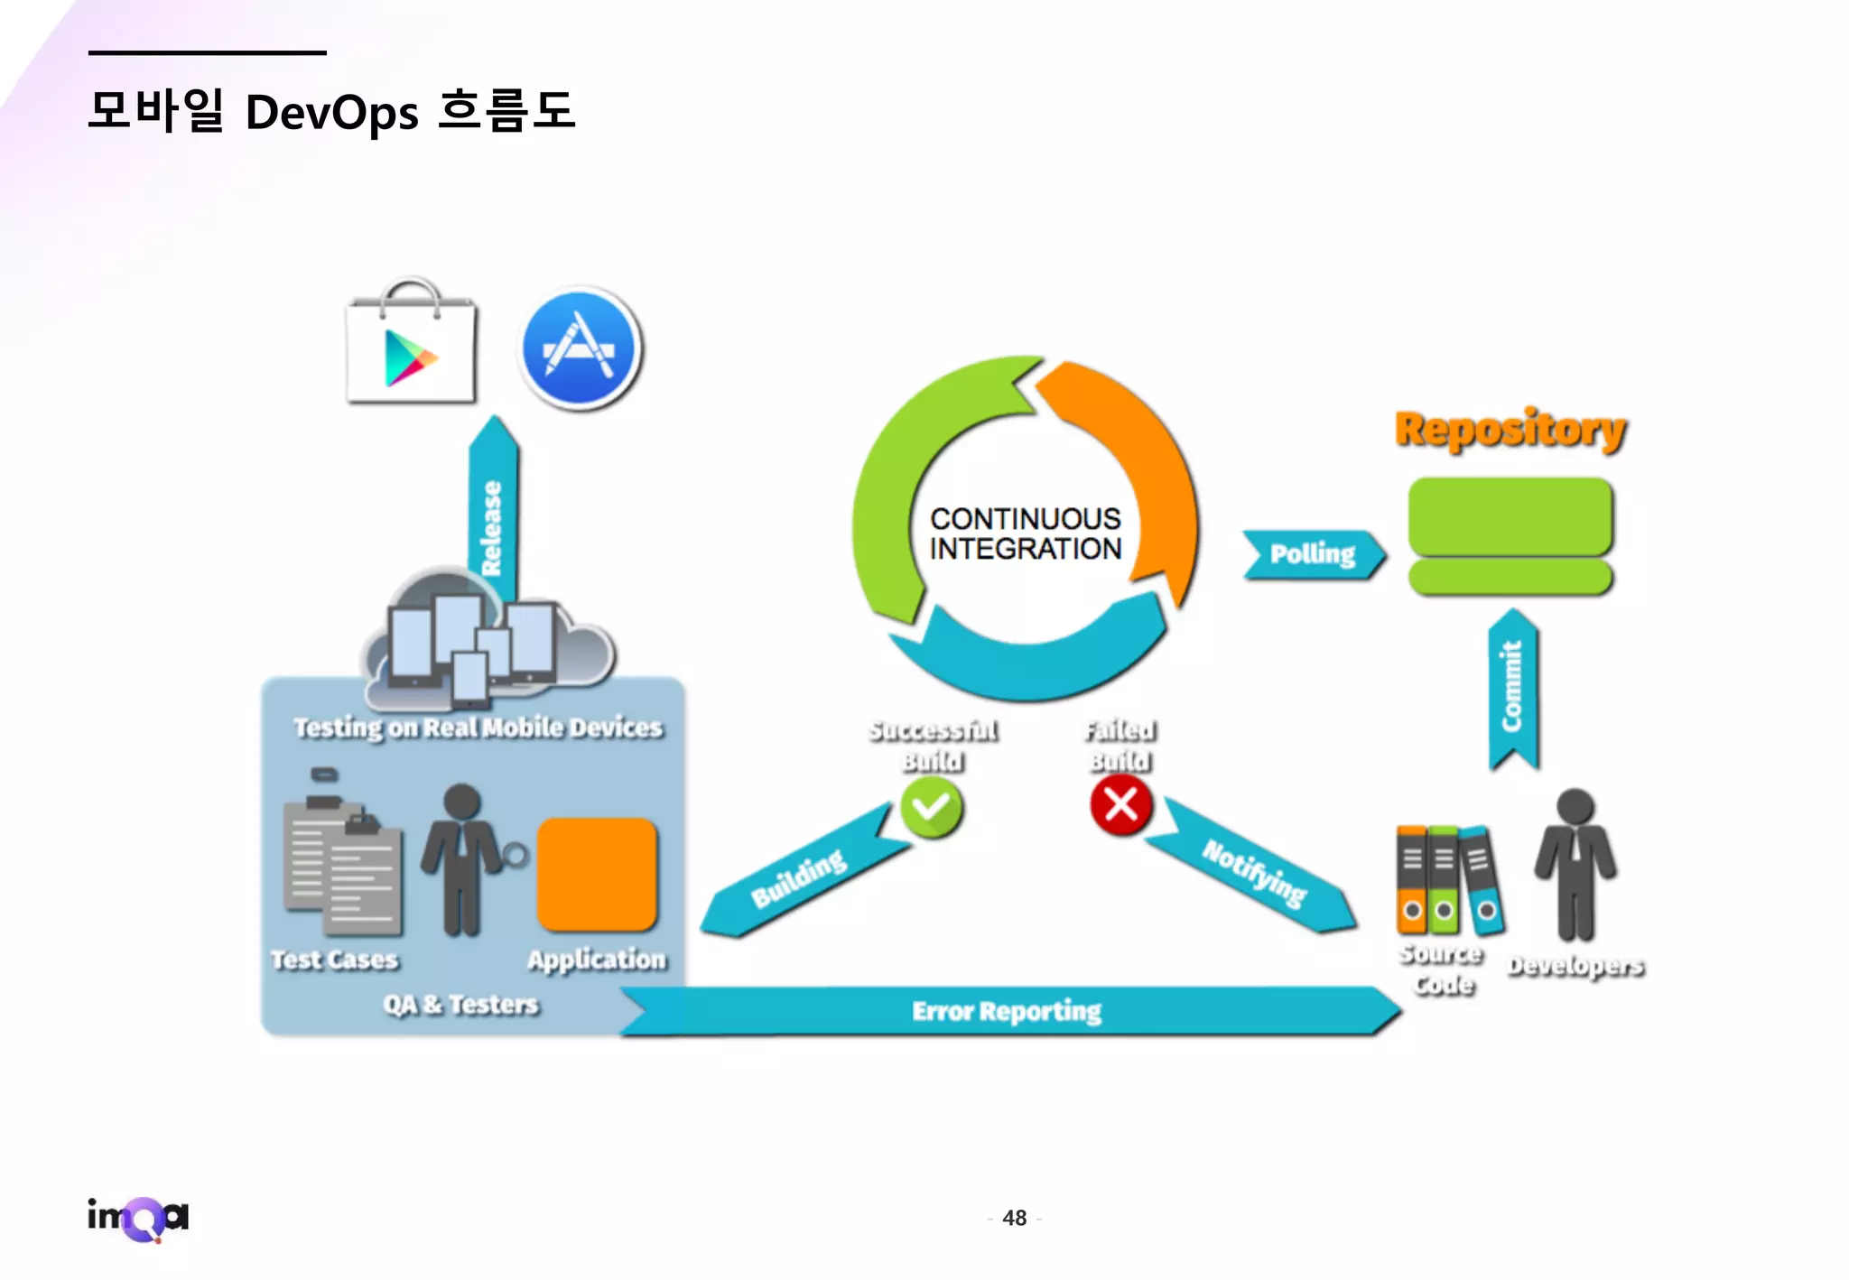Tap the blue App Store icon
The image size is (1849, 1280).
(x=581, y=349)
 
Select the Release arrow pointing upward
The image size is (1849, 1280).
(x=493, y=515)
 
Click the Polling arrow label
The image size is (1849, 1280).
(x=1312, y=553)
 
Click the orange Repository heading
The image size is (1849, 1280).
(x=1510, y=429)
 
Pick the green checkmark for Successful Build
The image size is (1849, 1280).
(x=932, y=807)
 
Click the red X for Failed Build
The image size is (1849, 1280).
(x=1120, y=803)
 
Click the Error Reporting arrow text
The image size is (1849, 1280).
(x=1007, y=1011)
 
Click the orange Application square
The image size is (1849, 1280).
(x=597, y=874)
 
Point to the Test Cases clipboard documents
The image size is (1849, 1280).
(x=342, y=867)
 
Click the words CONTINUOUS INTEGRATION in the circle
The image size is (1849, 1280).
(x=1026, y=533)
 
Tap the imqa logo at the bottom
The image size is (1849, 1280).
(x=138, y=1219)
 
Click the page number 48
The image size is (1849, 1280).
(x=1014, y=1219)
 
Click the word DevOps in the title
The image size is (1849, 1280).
(x=331, y=114)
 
